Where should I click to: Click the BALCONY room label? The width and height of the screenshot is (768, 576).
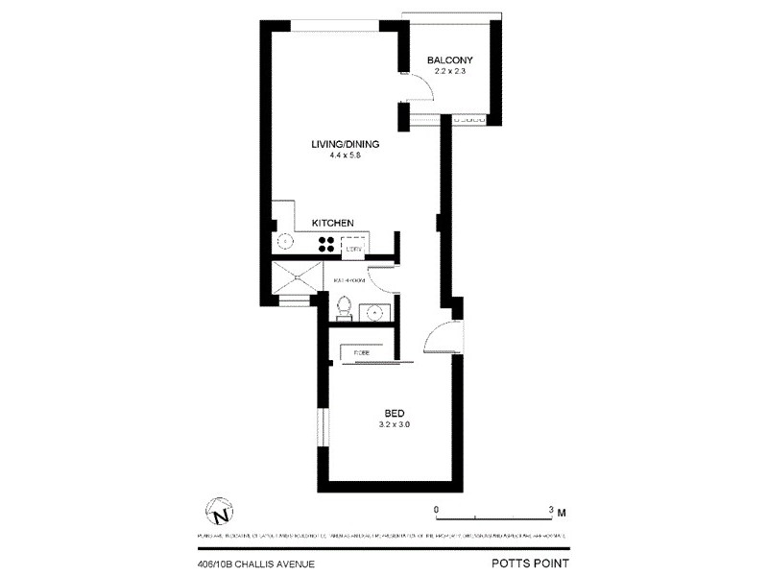coord(449,60)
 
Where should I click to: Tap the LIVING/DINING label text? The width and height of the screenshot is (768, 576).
coord(346,145)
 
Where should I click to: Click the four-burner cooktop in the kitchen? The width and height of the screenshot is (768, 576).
coord(326,244)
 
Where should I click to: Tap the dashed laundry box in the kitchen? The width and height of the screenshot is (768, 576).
coord(353,246)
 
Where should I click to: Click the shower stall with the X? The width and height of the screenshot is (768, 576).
coord(298,280)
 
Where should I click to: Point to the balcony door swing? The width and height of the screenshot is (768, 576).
coord(420,91)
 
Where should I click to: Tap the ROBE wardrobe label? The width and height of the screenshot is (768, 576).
coord(362,352)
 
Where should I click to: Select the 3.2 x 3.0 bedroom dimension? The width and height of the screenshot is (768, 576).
coord(396,424)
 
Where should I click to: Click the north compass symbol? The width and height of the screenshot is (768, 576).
coord(219,509)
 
